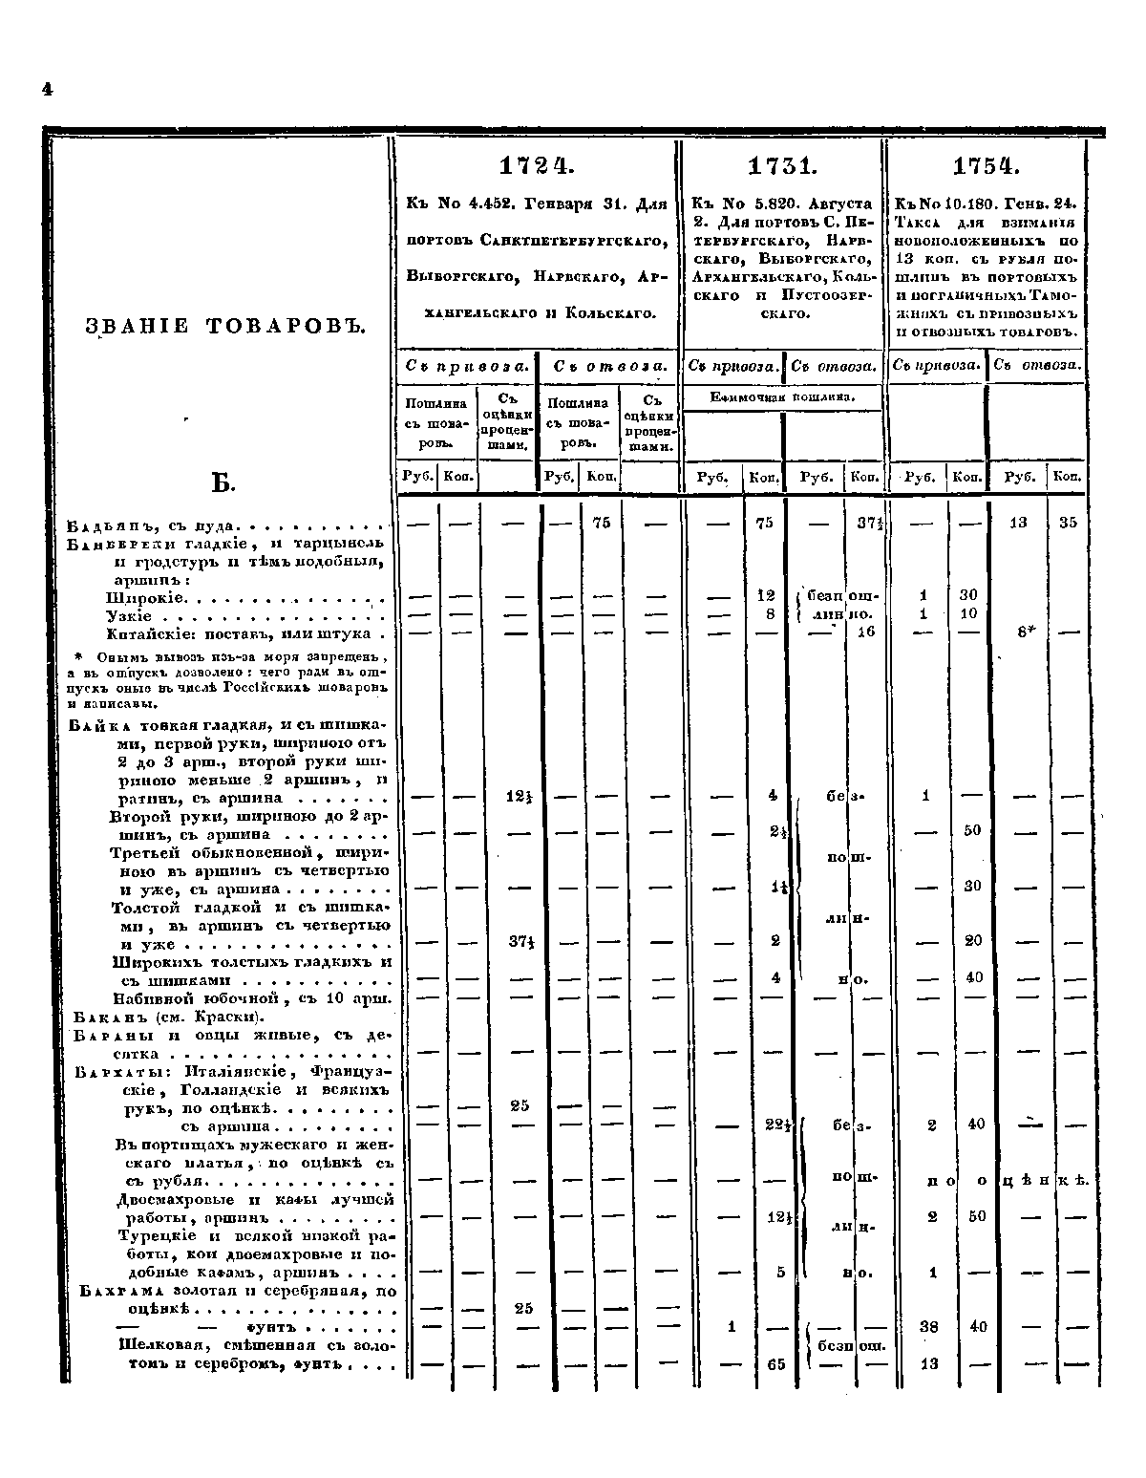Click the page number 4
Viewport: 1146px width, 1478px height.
click(46, 89)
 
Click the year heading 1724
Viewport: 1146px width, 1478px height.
click(536, 167)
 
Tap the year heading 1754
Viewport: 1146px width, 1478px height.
click(987, 167)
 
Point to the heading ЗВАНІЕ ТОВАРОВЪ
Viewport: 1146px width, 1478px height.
click(226, 327)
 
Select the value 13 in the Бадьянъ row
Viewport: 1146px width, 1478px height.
click(1018, 523)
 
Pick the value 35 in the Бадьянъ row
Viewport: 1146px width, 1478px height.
click(1068, 523)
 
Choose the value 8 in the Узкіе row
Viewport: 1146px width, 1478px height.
click(769, 614)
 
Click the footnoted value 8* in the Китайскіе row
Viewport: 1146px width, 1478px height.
click(1020, 632)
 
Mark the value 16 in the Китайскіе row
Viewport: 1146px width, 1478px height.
click(865, 632)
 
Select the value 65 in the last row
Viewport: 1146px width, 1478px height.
click(775, 1364)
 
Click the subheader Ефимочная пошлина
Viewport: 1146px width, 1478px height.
click(782, 396)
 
